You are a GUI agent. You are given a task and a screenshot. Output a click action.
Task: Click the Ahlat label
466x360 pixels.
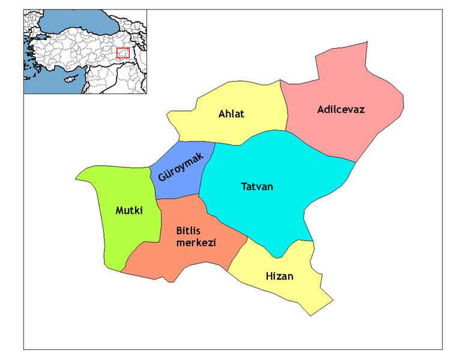231,114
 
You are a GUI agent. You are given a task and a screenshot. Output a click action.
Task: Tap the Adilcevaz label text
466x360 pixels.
340,110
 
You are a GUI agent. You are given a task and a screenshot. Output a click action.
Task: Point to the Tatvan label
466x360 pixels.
257,187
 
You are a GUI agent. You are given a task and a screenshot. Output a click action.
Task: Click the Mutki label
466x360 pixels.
130,211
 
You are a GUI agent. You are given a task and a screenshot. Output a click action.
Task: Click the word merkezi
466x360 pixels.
196,242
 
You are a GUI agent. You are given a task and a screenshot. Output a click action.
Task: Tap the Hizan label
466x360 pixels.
279,276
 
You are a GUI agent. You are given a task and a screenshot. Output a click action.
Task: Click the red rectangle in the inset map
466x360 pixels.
123,53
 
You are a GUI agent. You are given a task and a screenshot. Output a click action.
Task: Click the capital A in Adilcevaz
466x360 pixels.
321,110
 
